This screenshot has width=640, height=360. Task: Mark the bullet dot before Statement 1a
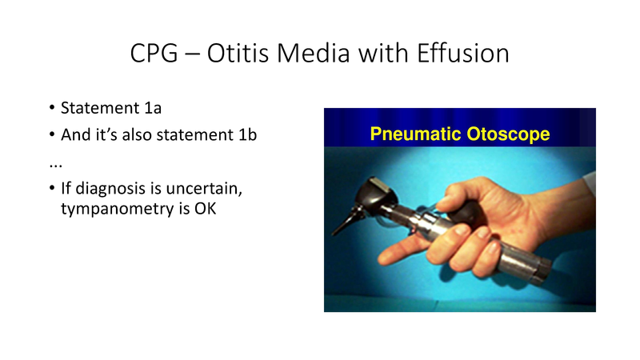point(52,109)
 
